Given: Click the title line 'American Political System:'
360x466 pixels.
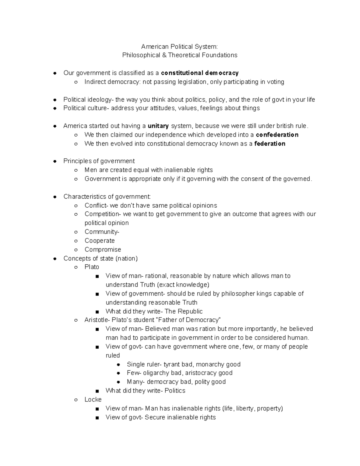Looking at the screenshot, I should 179,47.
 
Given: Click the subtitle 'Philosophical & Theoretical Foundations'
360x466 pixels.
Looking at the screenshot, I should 180,55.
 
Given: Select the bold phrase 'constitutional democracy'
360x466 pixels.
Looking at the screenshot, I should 200,73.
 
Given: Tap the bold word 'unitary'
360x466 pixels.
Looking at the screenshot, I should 158,126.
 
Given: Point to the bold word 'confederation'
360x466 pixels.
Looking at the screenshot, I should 277,135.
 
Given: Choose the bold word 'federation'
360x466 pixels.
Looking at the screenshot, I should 270,144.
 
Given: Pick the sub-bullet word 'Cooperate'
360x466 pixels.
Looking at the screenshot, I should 100,241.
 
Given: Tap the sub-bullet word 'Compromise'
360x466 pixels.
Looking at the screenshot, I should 103,250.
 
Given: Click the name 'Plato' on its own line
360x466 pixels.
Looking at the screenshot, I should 92,267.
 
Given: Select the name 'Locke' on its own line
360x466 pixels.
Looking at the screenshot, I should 93,400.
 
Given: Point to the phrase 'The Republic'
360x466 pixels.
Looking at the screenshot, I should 184,311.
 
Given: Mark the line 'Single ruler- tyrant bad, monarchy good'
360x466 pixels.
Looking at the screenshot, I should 184,364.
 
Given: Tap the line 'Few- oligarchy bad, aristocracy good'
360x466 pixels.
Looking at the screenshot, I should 179,373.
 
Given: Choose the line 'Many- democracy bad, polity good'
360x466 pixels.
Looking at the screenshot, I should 176,382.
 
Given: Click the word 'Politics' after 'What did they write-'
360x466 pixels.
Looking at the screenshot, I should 175,391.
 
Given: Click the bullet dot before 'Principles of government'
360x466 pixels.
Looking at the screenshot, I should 55,161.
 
